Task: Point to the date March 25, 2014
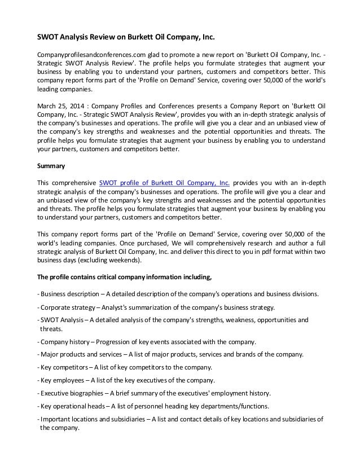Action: coord(60,105)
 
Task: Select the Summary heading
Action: coord(50,167)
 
